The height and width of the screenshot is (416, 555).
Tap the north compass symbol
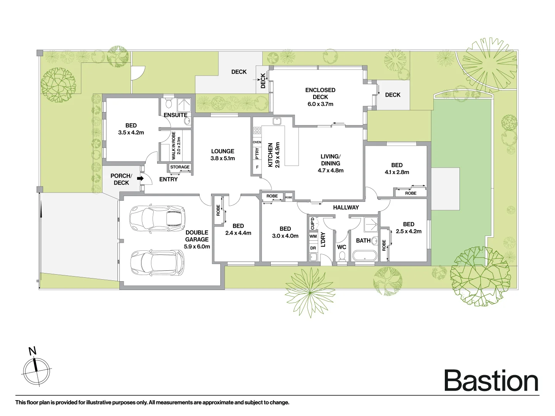pyautogui.click(x=37, y=369)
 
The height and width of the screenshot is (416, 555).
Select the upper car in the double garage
pyautogui.click(x=157, y=218)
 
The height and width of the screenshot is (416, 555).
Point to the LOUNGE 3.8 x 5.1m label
pyautogui.click(x=223, y=155)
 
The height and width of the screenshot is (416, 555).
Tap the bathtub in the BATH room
pyautogui.click(x=364, y=256)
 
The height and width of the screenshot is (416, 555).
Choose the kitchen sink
pyautogui.click(x=277, y=121)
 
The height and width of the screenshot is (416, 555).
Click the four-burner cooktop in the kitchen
pyautogui.click(x=257, y=131)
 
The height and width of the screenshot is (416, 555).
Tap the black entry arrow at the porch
pyautogui.click(x=140, y=179)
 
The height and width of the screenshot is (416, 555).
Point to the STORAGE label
pyautogui.click(x=180, y=167)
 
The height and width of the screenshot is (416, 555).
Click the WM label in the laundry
pyautogui.click(x=313, y=237)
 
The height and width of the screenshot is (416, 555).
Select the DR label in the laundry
pyautogui.click(x=313, y=248)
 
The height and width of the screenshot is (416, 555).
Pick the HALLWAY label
pyautogui.click(x=346, y=207)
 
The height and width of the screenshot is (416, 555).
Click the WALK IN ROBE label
pyautogui.click(x=176, y=146)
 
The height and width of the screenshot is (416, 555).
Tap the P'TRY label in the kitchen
pyautogui.click(x=257, y=153)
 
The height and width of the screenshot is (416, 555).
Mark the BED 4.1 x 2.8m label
pyautogui.click(x=397, y=169)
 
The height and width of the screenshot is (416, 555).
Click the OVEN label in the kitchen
pyautogui.click(x=257, y=143)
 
